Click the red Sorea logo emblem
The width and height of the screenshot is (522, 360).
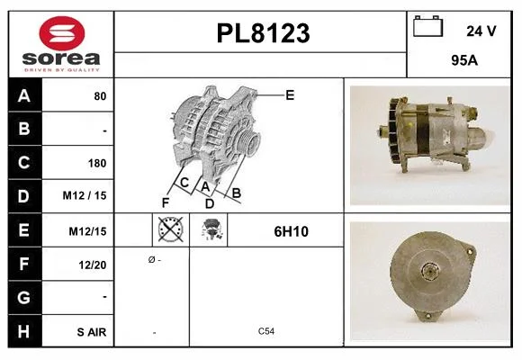(62, 33)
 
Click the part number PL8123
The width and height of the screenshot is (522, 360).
(263, 33)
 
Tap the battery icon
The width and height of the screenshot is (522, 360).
(427, 26)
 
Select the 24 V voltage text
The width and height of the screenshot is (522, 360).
(481, 31)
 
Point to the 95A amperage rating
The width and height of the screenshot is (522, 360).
(464, 60)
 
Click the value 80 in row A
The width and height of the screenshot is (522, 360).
(100, 96)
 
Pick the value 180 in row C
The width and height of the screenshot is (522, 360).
(97, 163)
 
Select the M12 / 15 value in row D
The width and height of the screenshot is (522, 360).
(85, 195)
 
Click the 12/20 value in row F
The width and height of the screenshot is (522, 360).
(93, 265)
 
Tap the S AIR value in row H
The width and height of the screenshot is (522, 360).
(92, 332)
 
